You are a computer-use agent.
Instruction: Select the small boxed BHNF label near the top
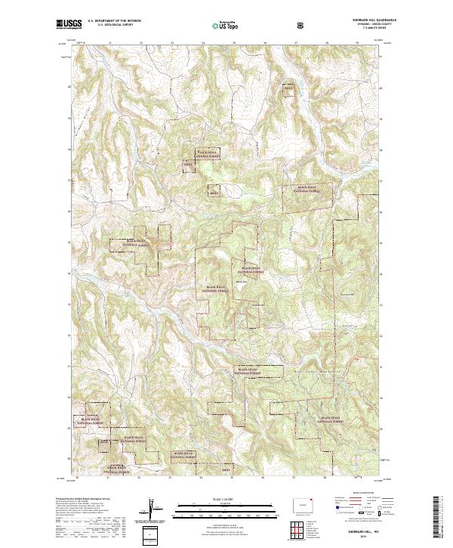pos(287,88)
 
